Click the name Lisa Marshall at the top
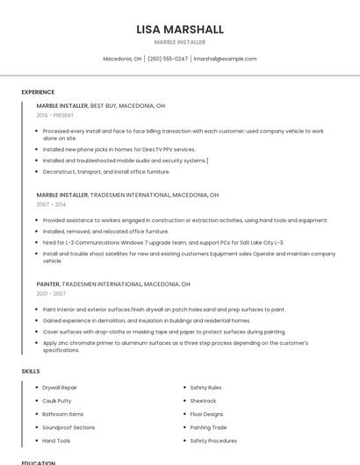coord(180,29)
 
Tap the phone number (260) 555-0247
coord(168,59)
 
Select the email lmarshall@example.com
coord(226,59)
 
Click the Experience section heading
coord(38,92)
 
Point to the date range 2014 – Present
coord(55,115)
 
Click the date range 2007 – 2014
coord(51,204)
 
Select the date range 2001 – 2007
coord(51,294)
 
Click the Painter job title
coord(48,284)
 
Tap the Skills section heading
coord(31,371)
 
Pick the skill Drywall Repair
coord(61,387)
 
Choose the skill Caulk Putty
coord(57,400)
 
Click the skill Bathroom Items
coord(63,413)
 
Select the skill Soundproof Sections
coord(68,427)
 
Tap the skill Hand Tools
coord(56,440)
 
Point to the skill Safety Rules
coord(205,387)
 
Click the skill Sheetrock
coord(203,400)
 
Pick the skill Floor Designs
coord(206,413)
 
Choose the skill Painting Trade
coord(208,427)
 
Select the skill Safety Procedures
coord(213,440)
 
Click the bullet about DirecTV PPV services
coord(132,150)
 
